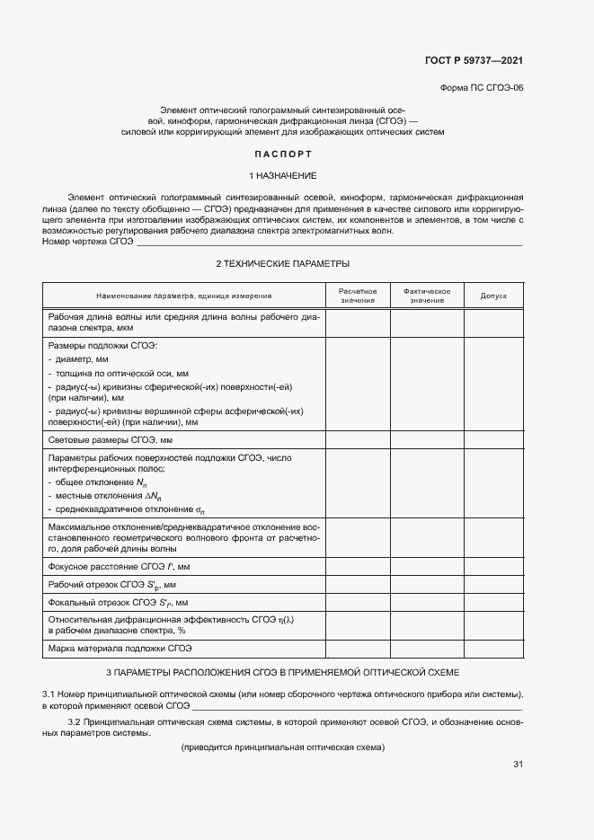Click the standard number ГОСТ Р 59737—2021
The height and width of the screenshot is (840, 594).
[x=474, y=61]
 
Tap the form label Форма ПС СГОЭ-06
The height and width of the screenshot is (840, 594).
[x=481, y=89]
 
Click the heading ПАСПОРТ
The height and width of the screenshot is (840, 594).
[x=282, y=154]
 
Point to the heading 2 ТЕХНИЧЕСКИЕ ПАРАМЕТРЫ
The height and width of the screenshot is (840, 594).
[x=282, y=263]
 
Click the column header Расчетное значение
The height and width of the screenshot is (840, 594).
[x=357, y=296]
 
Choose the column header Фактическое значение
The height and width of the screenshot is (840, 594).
[x=426, y=296]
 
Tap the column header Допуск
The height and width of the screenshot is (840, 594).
[x=493, y=296]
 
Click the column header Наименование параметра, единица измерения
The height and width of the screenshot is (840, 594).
[x=184, y=296]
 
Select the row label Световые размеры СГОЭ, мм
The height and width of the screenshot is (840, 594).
[x=110, y=440]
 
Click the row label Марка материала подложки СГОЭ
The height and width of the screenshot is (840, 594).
[x=120, y=648]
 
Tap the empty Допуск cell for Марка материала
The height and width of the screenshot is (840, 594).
[x=493, y=648]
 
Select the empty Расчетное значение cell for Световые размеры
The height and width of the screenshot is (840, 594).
[x=357, y=440]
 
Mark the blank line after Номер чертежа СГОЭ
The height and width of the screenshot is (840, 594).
[x=328, y=243]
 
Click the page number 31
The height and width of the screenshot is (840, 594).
[x=518, y=765]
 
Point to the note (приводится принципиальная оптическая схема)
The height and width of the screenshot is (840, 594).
[x=282, y=747]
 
